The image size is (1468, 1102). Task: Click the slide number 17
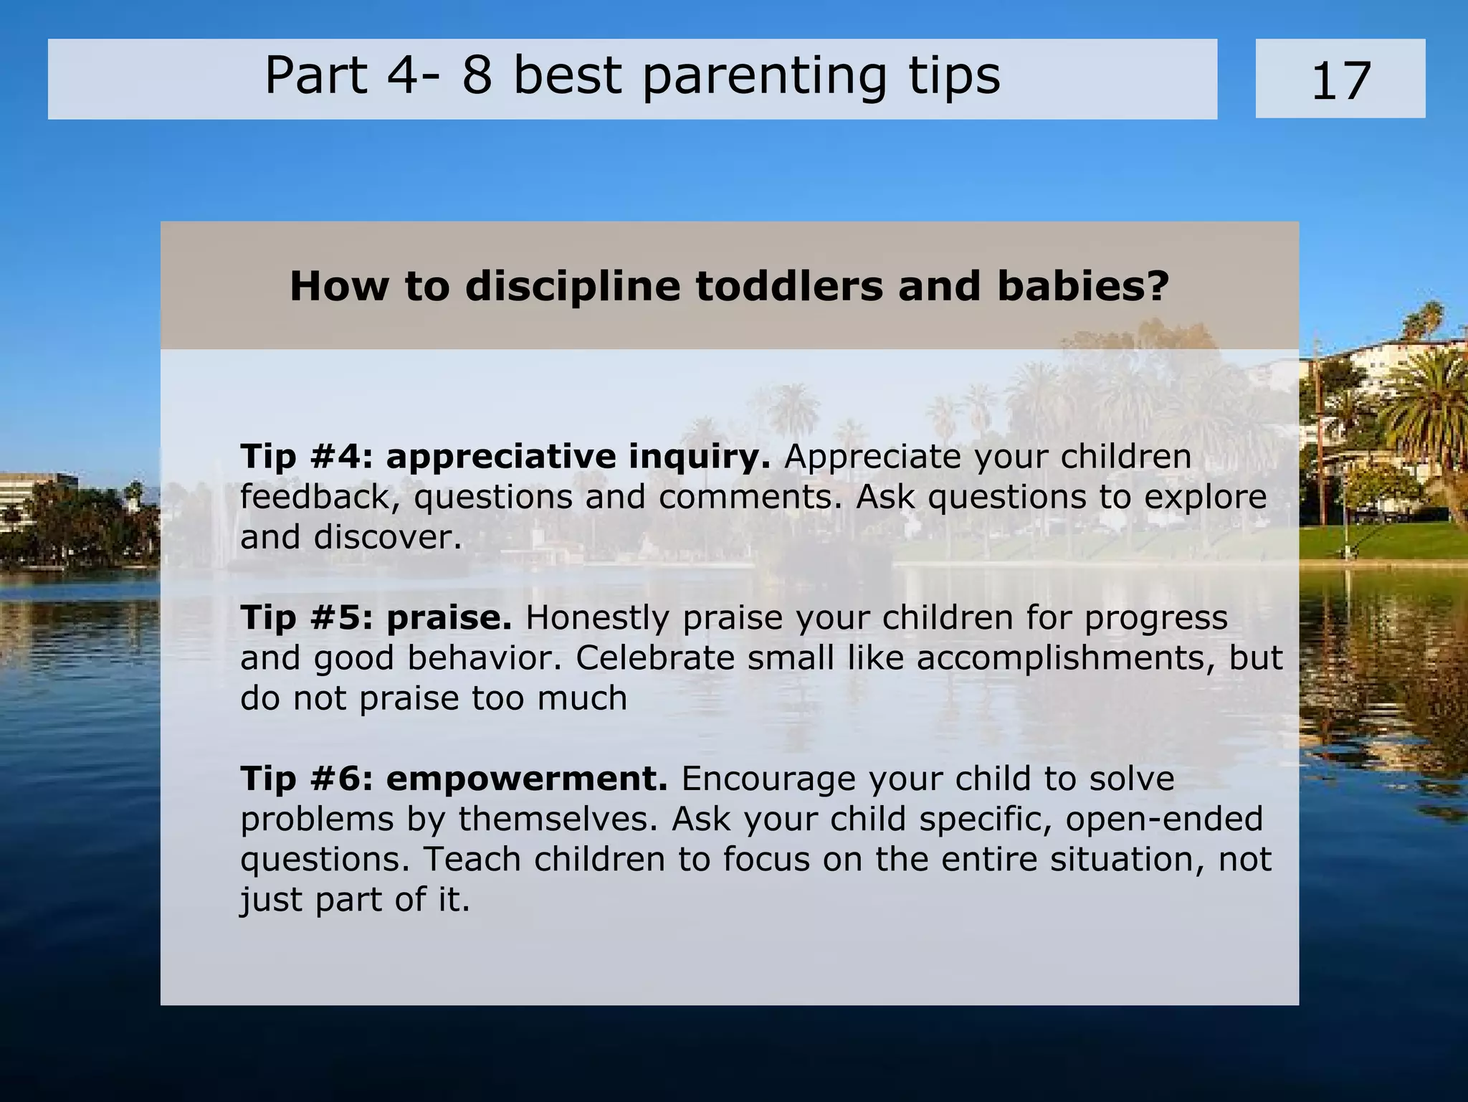tap(1340, 80)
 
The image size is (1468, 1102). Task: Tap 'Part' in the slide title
tap(316, 76)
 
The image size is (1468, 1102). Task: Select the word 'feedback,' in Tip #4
tap(320, 497)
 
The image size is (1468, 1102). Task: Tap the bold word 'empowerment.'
tap(527, 779)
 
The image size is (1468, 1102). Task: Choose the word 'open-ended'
tap(1164, 819)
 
